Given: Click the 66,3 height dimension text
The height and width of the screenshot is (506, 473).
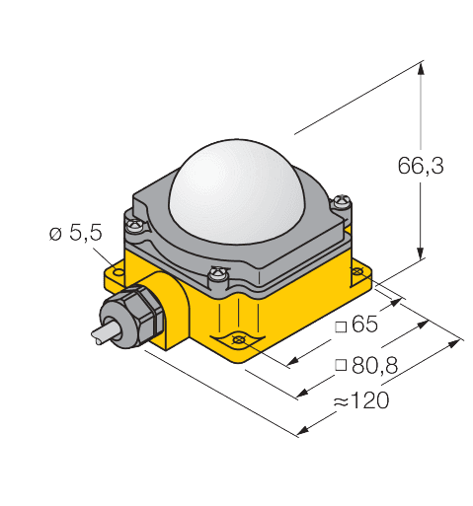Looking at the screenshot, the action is (421, 166).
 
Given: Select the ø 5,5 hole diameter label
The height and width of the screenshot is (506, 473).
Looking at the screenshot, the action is (76, 234).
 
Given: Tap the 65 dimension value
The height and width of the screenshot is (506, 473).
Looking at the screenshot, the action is (364, 324).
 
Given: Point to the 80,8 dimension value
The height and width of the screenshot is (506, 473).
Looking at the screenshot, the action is (374, 365).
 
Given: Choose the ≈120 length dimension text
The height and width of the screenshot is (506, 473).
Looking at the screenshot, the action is (361, 400).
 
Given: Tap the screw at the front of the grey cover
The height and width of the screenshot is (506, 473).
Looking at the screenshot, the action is (218, 274).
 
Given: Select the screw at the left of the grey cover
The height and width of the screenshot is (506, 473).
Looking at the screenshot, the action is (135, 226).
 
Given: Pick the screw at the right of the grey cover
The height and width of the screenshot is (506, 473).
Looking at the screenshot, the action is (343, 201).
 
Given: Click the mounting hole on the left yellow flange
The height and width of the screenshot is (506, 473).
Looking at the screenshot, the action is (118, 272).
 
